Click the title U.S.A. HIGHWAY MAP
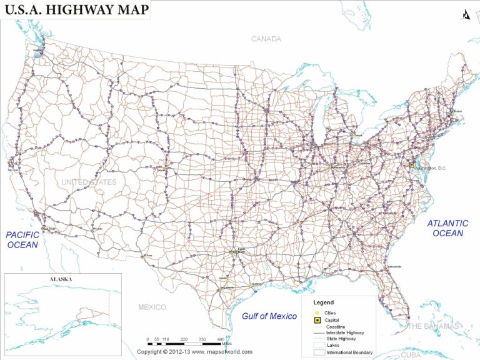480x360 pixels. pyautogui.click(x=77, y=9)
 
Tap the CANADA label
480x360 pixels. pyautogui.click(x=266, y=39)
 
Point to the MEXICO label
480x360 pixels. pyautogui.click(x=152, y=307)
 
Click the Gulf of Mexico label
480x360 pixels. pyautogui.click(x=269, y=316)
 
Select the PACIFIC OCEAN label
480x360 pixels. pyautogui.click(x=22, y=239)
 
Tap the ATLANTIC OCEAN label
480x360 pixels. pyautogui.click(x=447, y=228)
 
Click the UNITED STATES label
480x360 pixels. pyautogui.click(x=88, y=182)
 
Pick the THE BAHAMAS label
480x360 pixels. pyautogui.click(x=432, y=326)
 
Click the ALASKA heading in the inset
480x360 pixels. pyautogui.click(x=61, y=279)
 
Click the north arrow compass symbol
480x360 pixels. pyautogui.click(x=465, y=14)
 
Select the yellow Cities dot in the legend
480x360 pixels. pyautogui.click(x=317, y=312)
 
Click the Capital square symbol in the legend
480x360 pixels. pyautogui.click(x=317, y=320)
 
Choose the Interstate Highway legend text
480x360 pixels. pyautogui.click(x=345, y=333)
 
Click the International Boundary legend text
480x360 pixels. pyautogui.click(x=349, y=353)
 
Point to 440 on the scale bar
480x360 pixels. pyautogui.click(x=220, y=339)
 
